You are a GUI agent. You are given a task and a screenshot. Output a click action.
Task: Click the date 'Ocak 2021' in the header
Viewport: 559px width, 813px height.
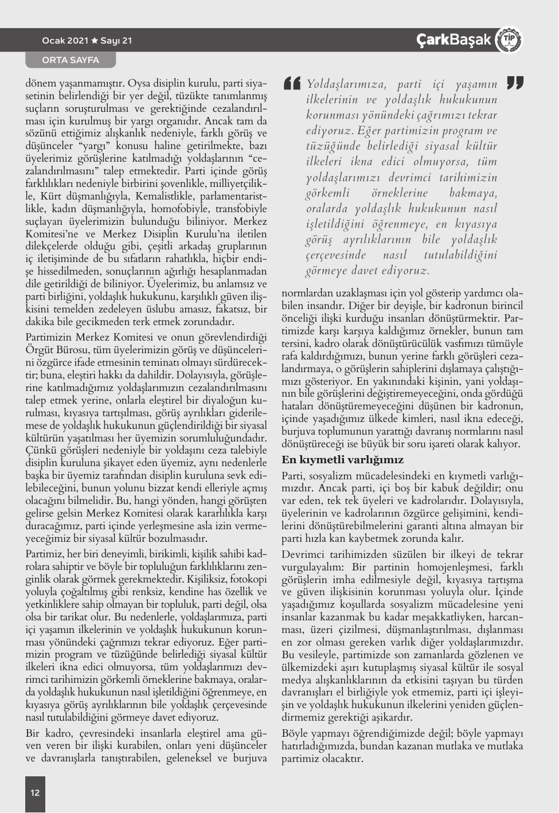click(65, 41)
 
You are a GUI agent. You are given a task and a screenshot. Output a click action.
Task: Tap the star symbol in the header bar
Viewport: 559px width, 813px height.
click(95, 41)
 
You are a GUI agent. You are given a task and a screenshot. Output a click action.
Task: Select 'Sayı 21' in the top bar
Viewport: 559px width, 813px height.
click(116, 41)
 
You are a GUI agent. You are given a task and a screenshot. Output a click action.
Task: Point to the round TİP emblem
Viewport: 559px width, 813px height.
click(508, 40)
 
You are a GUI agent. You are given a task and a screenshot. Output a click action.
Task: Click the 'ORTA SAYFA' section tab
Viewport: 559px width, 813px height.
click(71, 60)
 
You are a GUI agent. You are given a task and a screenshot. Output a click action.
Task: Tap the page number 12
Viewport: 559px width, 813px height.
click(35, 792)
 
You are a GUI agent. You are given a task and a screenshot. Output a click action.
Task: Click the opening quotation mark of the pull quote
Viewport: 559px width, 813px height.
click(292, 85)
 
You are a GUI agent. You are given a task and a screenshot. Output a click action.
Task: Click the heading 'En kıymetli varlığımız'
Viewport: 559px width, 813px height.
click(342, 460)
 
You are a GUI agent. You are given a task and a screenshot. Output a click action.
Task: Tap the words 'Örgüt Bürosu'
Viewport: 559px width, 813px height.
click(53, 350)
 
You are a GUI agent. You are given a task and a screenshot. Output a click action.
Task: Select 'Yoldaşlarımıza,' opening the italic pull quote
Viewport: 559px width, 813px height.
click(345, 85)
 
